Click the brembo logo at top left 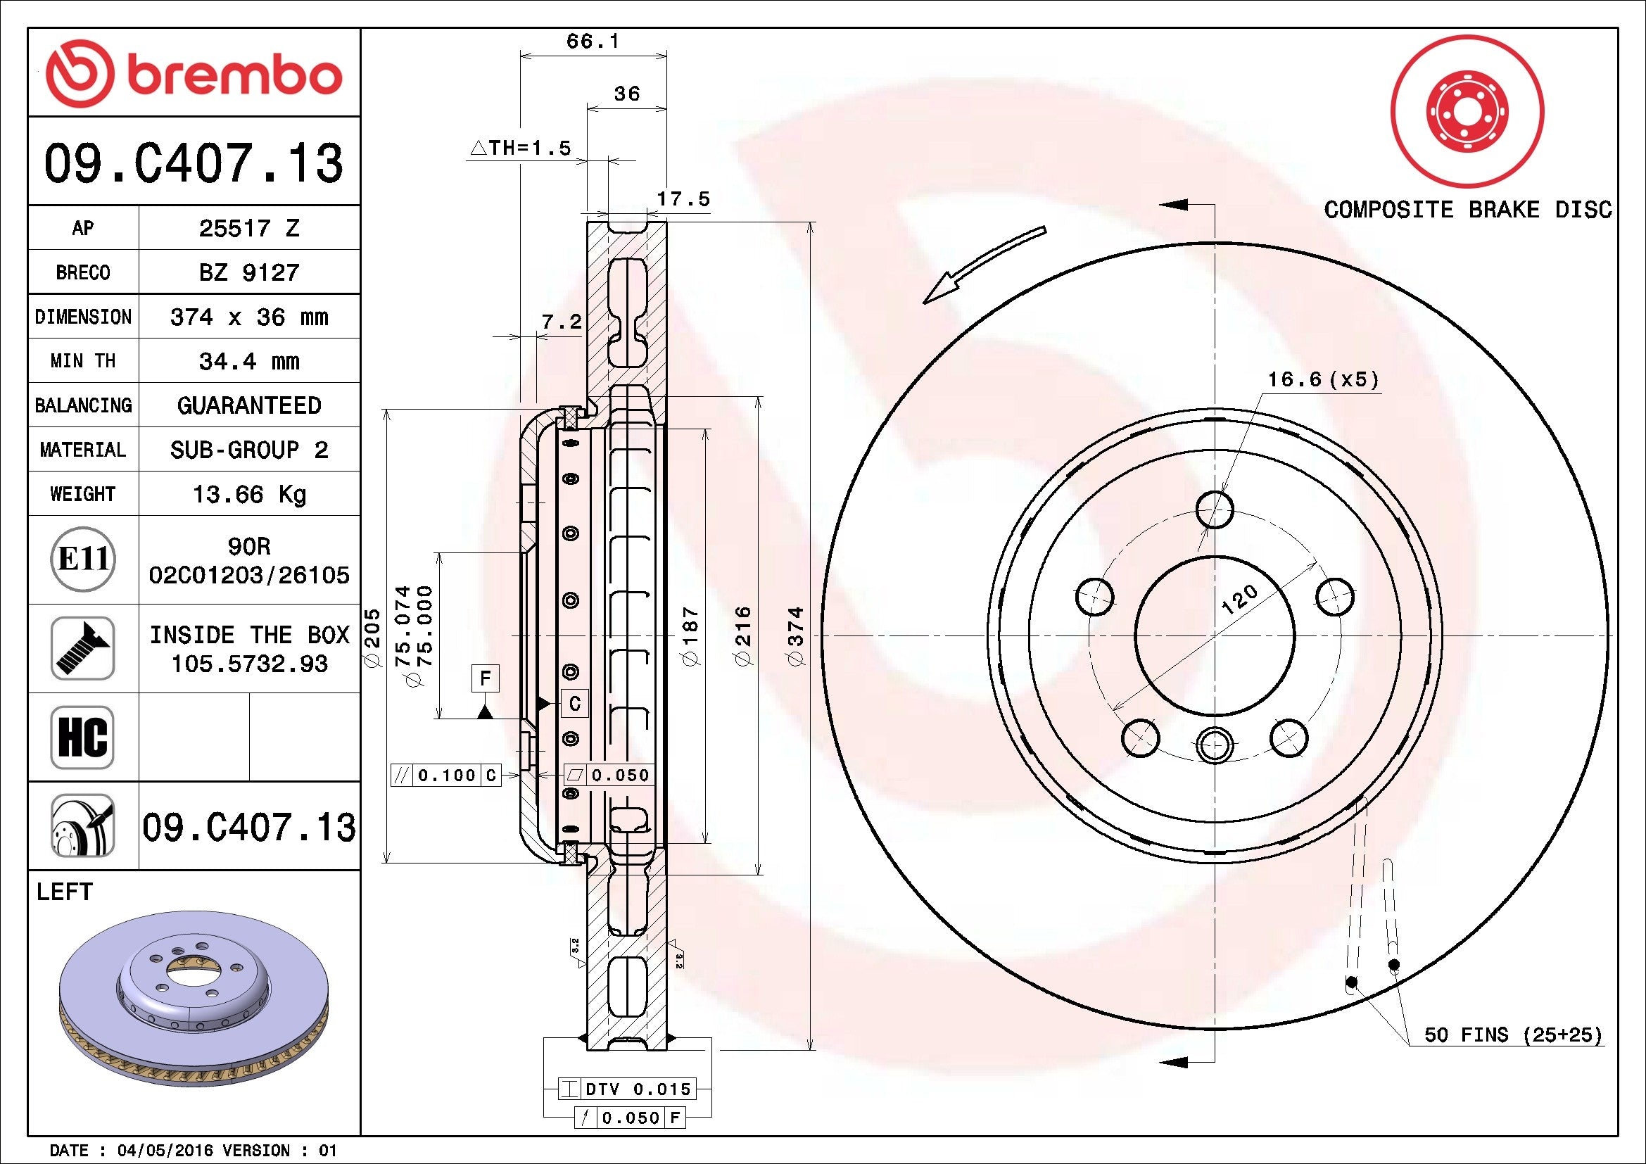pos(194,75)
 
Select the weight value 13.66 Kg pos(248,494)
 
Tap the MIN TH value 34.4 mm pos(248,361)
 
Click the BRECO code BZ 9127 pos(248,272)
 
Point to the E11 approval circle pos(83,559)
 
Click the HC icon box pos(82,737)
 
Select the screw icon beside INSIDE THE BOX pos(82,648)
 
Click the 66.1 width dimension pos(592,42)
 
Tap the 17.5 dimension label pos(683,199)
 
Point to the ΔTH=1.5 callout pos(521,148)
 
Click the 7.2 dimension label pos(562,322)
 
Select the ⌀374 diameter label pos(797,636)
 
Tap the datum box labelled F pos(486,678)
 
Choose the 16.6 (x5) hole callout pos(1324,379)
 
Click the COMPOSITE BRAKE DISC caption pos(1467,210)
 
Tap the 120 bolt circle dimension pos(1239,600)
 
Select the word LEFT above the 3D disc pos(65,892)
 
